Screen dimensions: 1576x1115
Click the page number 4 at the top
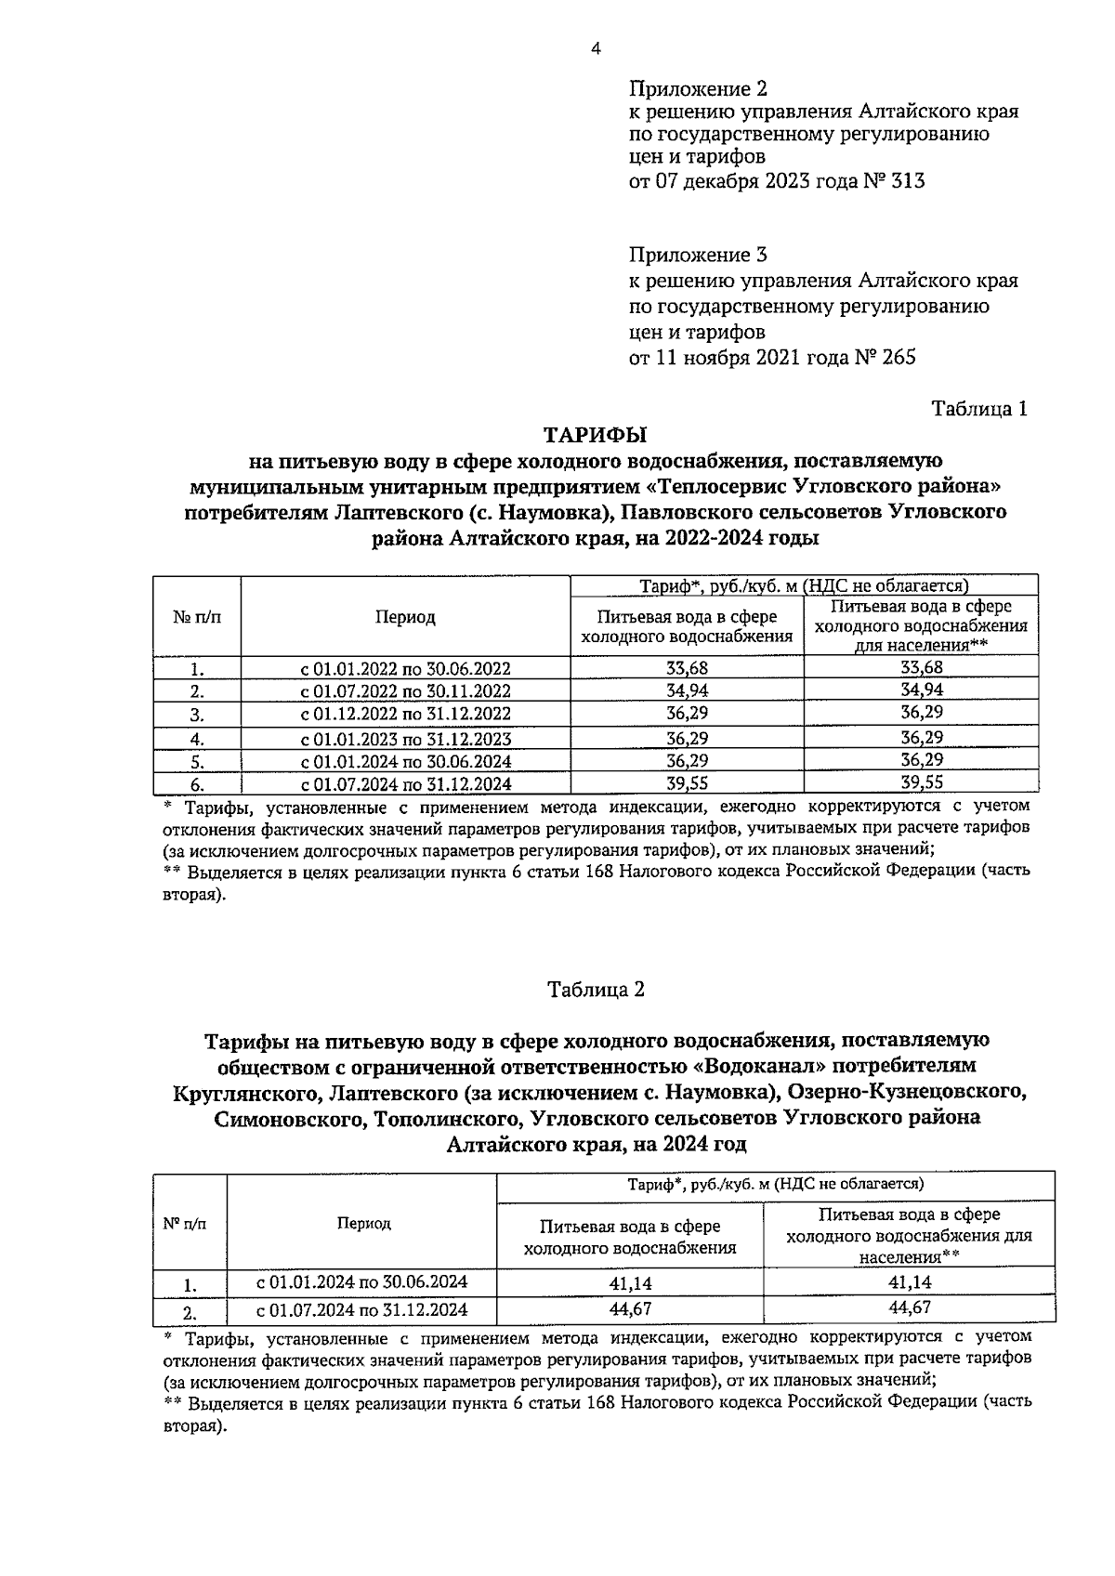pos(596,49)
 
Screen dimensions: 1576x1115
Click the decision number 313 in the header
pos(908,181)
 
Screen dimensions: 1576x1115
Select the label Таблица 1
pos(980,409)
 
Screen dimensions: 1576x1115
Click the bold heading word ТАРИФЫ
pos(595,435)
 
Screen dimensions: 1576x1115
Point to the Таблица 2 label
pos(596,990)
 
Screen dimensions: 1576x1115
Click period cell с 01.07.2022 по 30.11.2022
pos(405,691)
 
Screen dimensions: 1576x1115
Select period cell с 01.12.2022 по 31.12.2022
pos(405,714)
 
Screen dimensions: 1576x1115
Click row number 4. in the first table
pos(196,740)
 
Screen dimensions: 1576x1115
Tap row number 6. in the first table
pos(196,784)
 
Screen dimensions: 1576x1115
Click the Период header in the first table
pos(405,617)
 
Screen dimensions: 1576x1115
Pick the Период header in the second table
pos(363,1223)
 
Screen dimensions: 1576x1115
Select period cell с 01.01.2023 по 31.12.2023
pos(405,740)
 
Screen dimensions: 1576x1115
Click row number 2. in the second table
pos(189,1313)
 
